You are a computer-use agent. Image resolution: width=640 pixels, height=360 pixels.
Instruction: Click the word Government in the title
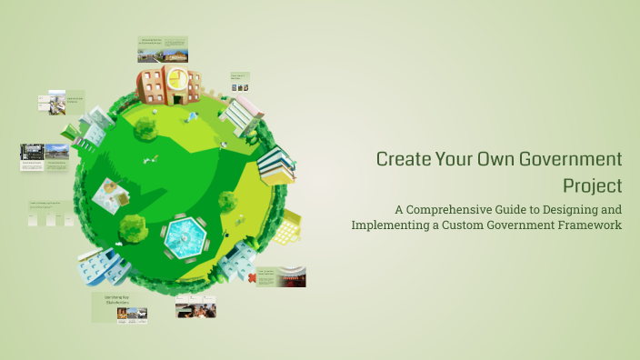point(572,160)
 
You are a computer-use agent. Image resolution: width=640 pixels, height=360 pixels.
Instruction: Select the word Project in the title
point(592,185)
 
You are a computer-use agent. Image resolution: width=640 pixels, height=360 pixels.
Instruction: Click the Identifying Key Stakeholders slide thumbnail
point(119,307)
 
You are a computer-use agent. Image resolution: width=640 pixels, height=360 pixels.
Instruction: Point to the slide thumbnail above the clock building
point(163,48)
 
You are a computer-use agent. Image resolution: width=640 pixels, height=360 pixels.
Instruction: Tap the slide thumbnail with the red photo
point(280,276)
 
